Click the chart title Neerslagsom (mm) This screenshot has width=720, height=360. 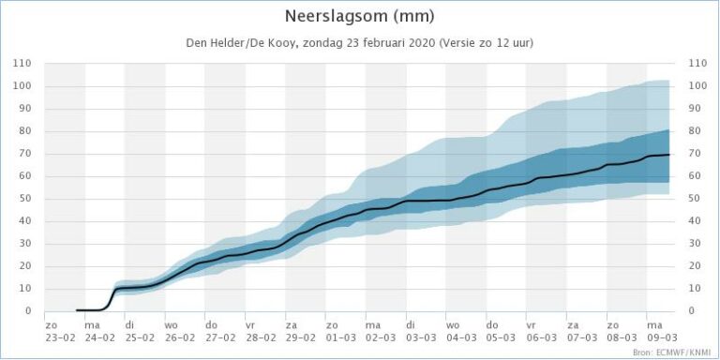[x=359, y=16]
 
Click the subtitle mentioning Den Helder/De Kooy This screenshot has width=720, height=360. [x=359, y=43]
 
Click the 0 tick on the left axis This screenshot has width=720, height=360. [x=28, y=311]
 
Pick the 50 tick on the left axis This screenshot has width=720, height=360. [x=25, y=199]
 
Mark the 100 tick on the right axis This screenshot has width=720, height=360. [x=698, y=86]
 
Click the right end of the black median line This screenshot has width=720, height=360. [x=667, y=155]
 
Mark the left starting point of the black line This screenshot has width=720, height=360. [x=77, y=310]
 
